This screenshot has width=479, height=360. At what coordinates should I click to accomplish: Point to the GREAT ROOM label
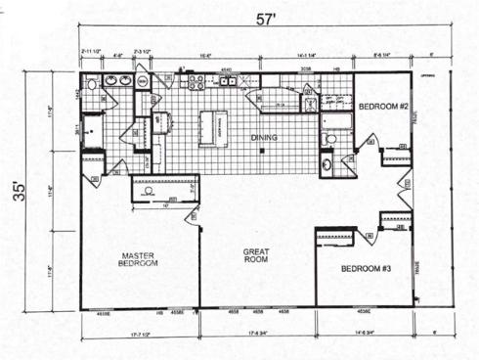tap(255, 256)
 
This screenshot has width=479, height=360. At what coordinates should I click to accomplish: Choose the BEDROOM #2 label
tap(379, 105)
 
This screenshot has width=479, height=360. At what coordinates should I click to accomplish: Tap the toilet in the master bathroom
tap(91, 84)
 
